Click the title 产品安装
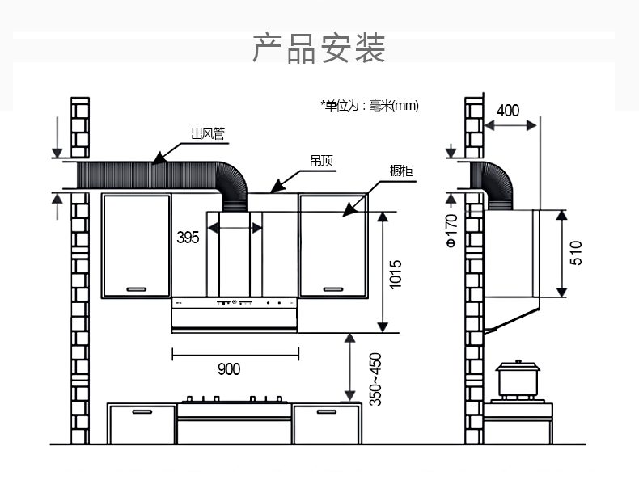click(x=319, y=49)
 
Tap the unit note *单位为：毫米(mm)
click(x=370, y=106)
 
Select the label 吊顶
click(x=321, y=161)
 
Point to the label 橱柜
click(x=401, y=171)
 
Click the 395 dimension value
click(x=188, y=238)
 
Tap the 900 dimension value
click(x=229, y=369)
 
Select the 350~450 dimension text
click(x=375, y=378)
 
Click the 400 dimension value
click(x=508, y=111)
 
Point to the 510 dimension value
click(x=576, y=252)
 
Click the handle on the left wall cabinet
click(x=136, y=288)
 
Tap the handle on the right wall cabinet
click(x=334, y=288)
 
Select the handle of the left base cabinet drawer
click(x=142, y=412)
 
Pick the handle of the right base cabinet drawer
click(x=326, y=412)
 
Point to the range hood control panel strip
click(x=235, y=304)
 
